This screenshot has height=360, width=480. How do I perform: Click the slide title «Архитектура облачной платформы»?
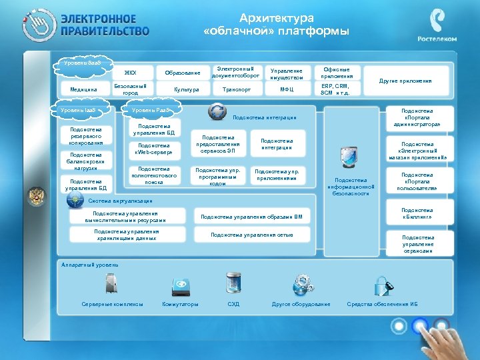(x=276, y=25)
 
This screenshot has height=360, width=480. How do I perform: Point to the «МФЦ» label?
(x=287, y=89)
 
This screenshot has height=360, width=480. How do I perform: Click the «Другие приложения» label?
(x=405, y=81)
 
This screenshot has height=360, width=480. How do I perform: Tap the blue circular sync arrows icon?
(x=217, y=112)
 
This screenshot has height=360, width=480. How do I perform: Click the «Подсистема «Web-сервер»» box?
(x=154, y=149)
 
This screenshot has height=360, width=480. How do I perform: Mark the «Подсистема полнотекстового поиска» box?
(x=154, y=175)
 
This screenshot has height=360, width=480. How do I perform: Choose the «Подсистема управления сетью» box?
(x=252, y=235)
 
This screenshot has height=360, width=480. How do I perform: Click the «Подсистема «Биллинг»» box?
(x=418, y=213)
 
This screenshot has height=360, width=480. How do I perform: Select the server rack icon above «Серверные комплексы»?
(x=111, y=284)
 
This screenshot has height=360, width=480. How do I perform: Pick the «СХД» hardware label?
(x=233, y=304)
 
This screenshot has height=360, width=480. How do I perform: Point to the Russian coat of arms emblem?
(x=36, y=197)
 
